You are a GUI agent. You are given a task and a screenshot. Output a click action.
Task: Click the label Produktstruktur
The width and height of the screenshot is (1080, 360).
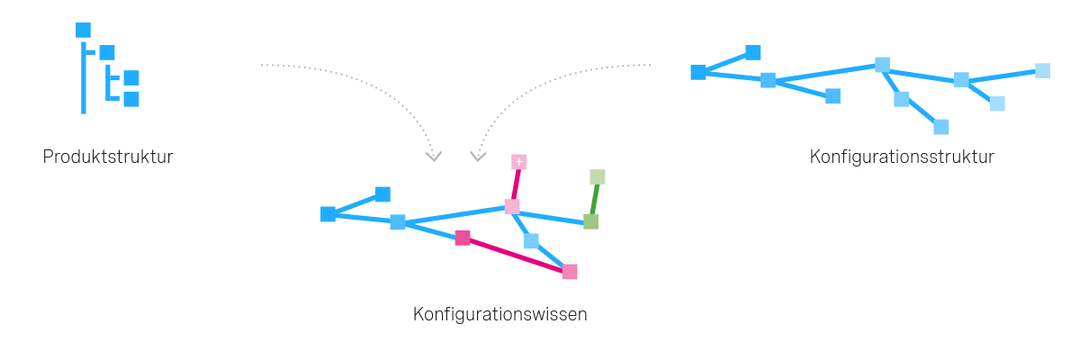pyautogui.click(x=108, y=157)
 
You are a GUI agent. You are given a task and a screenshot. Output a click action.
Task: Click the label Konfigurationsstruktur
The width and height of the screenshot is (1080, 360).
pyautogui.click(x=901, y=157)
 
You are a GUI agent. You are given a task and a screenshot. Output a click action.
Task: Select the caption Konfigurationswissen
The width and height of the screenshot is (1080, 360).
pyautogui.click(x=500, y=315)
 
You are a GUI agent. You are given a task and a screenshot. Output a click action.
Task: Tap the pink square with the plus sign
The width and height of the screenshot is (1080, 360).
pyautogui.click(x=518, y=162)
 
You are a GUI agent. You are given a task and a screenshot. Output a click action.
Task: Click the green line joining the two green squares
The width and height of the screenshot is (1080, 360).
pyautogui.click(x=594, y=199)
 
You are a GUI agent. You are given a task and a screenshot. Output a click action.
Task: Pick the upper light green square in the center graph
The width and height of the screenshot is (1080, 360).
pyautogui.click(x=598, y=177)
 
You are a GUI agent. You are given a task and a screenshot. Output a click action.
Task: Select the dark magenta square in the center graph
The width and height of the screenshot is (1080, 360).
pyautogui.click(x=463, y=238)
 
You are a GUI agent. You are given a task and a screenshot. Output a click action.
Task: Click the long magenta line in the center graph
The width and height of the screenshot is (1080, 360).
pyautogui.click(x=516, y=255)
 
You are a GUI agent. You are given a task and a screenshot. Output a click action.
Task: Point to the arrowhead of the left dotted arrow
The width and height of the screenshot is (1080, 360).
pyautogui.click(x=434, y=157)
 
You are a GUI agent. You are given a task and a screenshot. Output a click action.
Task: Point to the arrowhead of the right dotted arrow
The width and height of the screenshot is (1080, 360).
pyautogui.click(x=479, y=157)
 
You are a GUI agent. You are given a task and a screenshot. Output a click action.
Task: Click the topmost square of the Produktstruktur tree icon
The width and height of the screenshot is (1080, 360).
pyautogui.click(x=83, y=31)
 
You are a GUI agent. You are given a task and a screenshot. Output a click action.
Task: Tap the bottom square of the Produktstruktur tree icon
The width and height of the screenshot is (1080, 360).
pyautogui.click(x=131, y=99)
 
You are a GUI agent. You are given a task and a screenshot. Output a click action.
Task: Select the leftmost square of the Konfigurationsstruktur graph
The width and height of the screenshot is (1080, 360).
pyautogui.click(x=698, y=72)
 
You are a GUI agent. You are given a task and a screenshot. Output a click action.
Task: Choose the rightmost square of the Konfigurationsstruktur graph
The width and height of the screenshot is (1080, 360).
pyautogui.click(x=1042, y=70)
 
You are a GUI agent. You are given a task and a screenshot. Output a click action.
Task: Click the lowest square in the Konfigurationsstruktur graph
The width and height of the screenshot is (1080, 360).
pyautogui.click(x=941, y=127)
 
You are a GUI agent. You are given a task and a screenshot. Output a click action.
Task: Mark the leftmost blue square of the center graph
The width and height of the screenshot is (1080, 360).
pyautogui.click(x=328, y=214)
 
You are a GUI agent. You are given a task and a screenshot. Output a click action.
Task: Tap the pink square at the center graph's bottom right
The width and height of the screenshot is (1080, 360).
pyautogui.click(x=570, y=272)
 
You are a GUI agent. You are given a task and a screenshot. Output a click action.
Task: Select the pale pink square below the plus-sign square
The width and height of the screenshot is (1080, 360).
pyautogui.click(x=511, y=207)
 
